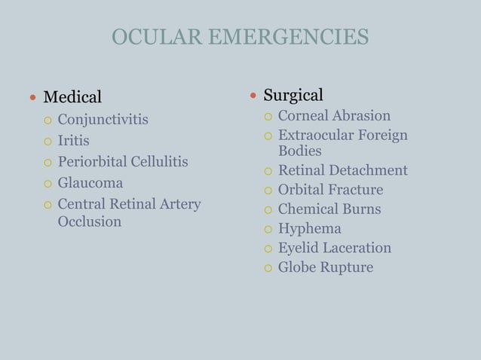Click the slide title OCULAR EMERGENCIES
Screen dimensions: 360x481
tap(240, 37)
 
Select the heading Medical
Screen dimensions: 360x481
tap(72, 97)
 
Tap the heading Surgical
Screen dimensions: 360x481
tap(293, 95)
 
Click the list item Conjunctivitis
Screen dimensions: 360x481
tap(103, 120)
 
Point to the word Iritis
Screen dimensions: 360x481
tap(74, 141)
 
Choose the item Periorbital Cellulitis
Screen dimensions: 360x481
tap(123, 162)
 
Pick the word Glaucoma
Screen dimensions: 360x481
tap(90, 183)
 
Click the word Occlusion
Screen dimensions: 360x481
tap(90, 222)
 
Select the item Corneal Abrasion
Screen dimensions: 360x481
tap(334, 116)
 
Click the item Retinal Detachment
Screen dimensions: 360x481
tap(342, 170)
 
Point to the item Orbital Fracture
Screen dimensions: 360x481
tap(330, 190)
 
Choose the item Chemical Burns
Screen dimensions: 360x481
tap(329, 209)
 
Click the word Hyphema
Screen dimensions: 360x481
tap(309, 229)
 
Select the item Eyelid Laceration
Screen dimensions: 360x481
tap(334, 248)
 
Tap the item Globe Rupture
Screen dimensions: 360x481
tap(325, 267)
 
